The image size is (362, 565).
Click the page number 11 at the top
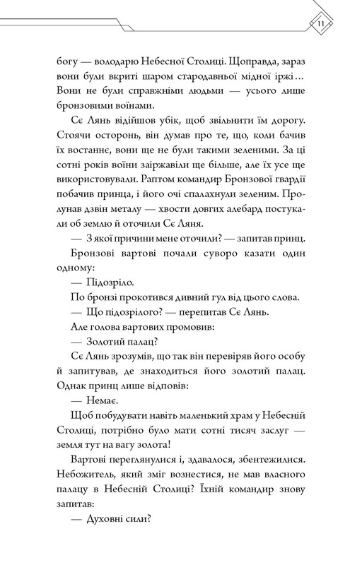(x=320, y=28)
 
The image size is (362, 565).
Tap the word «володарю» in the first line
(x=115, y=61)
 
